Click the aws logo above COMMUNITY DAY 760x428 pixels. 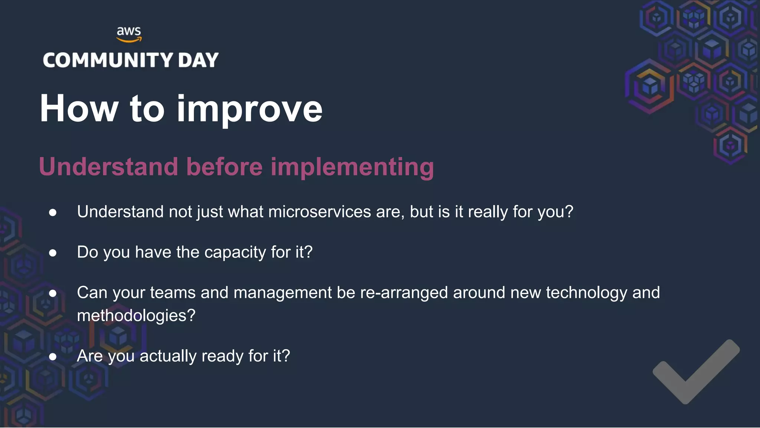tap(129, 34)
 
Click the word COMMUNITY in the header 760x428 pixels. tap(108, 60)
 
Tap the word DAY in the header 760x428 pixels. tap(198, 60)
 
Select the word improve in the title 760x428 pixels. tap(249, 110)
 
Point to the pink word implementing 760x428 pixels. tap(352, 167)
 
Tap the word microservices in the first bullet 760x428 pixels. tap(320, 212)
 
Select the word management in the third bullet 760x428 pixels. tap(282, 293)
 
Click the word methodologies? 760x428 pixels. tap(136, 316)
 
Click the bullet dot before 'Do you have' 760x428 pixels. tap(53, 253)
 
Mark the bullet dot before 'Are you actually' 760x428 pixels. tap(53, 357)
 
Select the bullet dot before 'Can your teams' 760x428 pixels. tap(53, 294)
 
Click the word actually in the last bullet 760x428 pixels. tap(168, 356)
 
